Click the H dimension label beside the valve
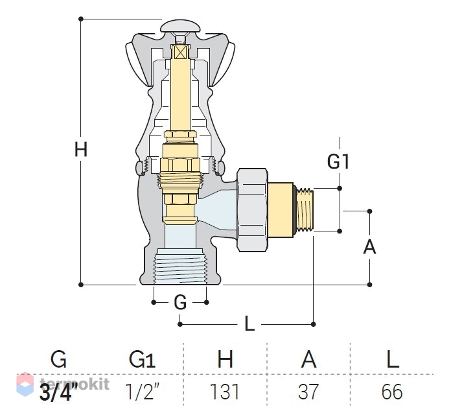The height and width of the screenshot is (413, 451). point(81,150)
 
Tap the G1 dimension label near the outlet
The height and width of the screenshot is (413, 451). point(338,161)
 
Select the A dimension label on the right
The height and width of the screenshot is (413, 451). point(369,247)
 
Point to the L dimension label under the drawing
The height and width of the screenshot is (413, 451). point(249,324)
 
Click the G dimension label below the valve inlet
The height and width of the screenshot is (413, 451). point(180,303)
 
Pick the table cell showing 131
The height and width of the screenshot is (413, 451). point(225,392)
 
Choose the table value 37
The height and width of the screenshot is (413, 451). point(308,392)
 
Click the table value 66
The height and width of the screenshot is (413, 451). point(392,392)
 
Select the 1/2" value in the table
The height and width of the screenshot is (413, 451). point(141,392)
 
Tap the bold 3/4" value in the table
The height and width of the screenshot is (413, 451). point(58,392)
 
